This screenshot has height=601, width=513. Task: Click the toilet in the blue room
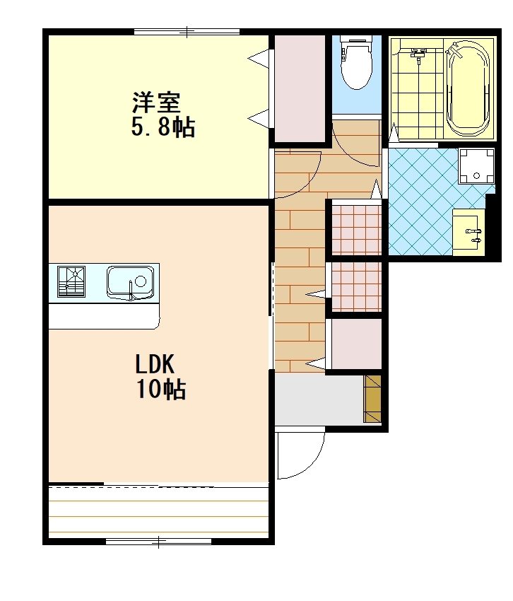[x=357, y=62]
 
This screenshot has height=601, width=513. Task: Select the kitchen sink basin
[x=130, y=283]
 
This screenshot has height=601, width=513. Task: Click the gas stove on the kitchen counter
[x=71, y=281]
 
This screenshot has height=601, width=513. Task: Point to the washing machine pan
[x=476, y=166]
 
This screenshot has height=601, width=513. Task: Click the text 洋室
[x=156, y=103]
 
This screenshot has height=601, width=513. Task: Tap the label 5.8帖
[x=163, y=127]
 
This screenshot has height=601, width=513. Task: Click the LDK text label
[x=155, y=364]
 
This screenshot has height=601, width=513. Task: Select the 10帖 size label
[x=161, y=390]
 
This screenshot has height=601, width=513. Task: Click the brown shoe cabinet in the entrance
[x=372, y=399]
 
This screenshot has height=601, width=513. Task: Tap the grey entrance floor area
[x=319, y=399]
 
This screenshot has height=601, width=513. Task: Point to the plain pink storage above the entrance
[x=356, y=344]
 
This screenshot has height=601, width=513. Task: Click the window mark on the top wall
[x=187, y=32]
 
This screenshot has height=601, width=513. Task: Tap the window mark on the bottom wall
[x=158, y=542]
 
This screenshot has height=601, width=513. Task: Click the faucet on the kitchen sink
[x=131, y=291]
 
